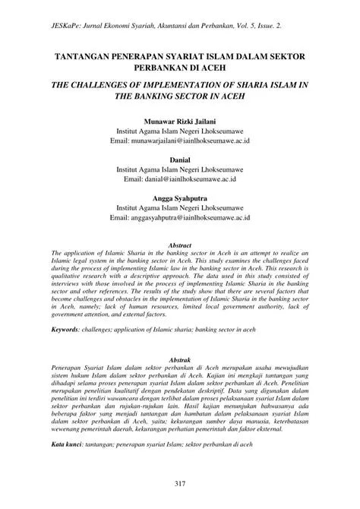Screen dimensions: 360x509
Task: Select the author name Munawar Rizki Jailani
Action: [179, 121]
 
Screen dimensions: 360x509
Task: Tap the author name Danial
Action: [179, 161]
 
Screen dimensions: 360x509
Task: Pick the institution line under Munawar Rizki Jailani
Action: [179, 131]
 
